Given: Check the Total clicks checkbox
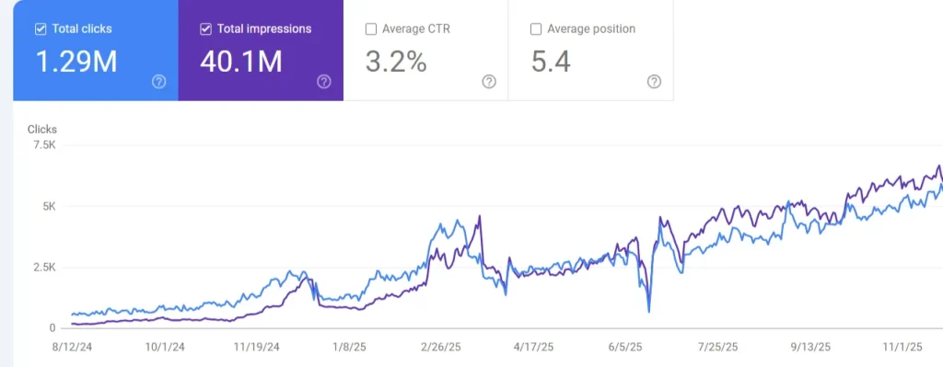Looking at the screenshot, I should click(41, 29).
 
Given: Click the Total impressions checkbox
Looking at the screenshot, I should click(206, 29).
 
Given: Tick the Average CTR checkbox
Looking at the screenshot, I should click(371, 29).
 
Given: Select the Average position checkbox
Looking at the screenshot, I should click(536, 29).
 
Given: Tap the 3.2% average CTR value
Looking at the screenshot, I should click(396, 62).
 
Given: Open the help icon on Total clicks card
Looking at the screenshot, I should click(158, 82).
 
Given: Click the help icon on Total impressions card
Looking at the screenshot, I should click(324, 82).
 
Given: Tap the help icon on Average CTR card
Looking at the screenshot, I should click(489, 82).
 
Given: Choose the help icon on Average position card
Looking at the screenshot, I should click(654, 82).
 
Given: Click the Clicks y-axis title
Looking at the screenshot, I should click(42, 130).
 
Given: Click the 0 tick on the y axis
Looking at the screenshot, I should click(52, 327).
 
